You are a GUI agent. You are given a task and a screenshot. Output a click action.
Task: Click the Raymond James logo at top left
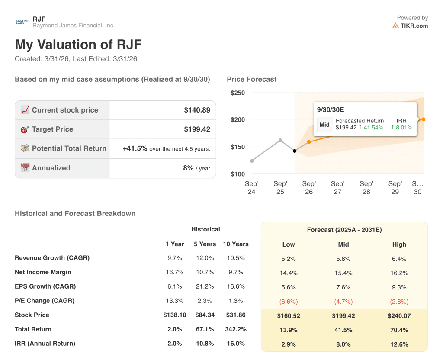click(22, 22)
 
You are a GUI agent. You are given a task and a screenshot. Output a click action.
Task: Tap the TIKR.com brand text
click(414, 26)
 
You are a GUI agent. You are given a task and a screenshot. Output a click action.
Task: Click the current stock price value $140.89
click(197, 110)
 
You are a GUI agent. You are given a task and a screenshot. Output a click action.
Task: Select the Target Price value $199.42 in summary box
click(197, 129)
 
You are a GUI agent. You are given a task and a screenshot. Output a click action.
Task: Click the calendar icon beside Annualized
click(25, 168)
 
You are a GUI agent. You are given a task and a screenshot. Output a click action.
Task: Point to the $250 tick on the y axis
click(238, 93)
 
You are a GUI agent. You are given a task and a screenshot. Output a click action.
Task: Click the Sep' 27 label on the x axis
click(337, 188)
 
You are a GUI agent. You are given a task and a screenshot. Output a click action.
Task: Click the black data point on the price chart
click(295, 151)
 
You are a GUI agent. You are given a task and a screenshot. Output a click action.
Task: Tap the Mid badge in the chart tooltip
click(324, 125)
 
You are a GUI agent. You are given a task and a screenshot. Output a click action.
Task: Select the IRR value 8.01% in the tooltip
click(401, 128)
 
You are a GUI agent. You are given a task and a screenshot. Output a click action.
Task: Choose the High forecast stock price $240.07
click(399, 315)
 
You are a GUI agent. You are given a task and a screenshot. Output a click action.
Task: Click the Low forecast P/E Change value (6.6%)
click(289, 301)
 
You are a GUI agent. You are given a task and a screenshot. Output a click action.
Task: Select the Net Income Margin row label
click(43, 272)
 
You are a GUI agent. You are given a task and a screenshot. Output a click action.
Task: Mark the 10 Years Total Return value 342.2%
click(235, 329)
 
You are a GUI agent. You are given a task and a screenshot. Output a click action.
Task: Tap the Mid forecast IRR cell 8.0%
click(343, 344)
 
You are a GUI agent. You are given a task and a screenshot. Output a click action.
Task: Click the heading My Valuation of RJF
click(78, 45)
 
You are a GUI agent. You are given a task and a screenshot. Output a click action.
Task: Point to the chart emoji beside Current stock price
click(25, 110)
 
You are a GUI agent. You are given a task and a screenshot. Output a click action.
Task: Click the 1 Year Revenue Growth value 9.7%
click(174, 258)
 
